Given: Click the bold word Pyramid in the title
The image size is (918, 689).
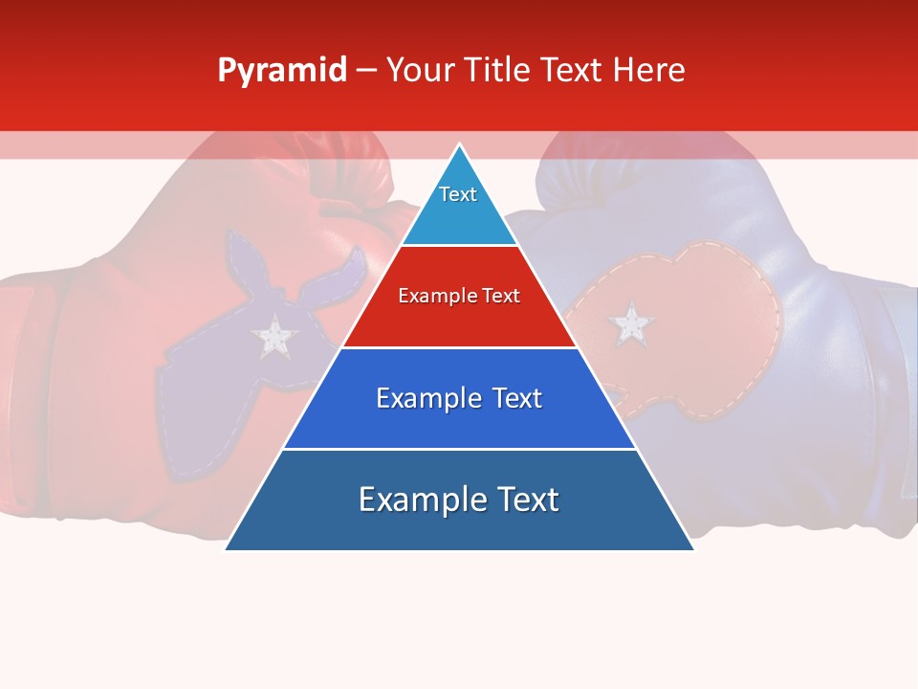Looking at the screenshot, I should coord(281,71).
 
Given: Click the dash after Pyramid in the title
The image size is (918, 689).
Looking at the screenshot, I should coord(365,71).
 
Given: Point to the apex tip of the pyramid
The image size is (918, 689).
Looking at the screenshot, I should coord(459,145).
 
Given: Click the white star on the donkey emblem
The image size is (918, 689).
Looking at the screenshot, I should coord(275,335).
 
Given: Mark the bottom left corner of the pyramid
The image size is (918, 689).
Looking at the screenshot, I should coord(227,549).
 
